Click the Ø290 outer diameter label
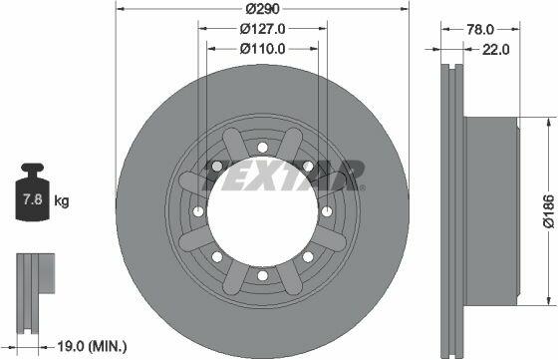263,9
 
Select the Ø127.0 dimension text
263,29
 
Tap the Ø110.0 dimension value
263,49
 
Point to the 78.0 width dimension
480,30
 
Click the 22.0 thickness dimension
496,50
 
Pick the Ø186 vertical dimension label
549,210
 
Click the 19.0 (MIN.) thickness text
92,346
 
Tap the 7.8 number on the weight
32,199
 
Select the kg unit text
62,201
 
